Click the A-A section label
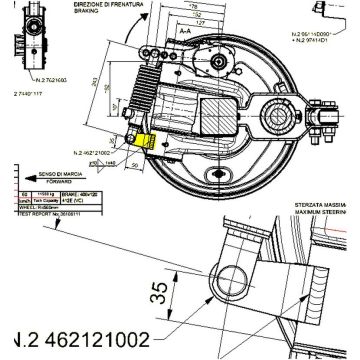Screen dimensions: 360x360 pyautogui.click(x=186, y=31)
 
